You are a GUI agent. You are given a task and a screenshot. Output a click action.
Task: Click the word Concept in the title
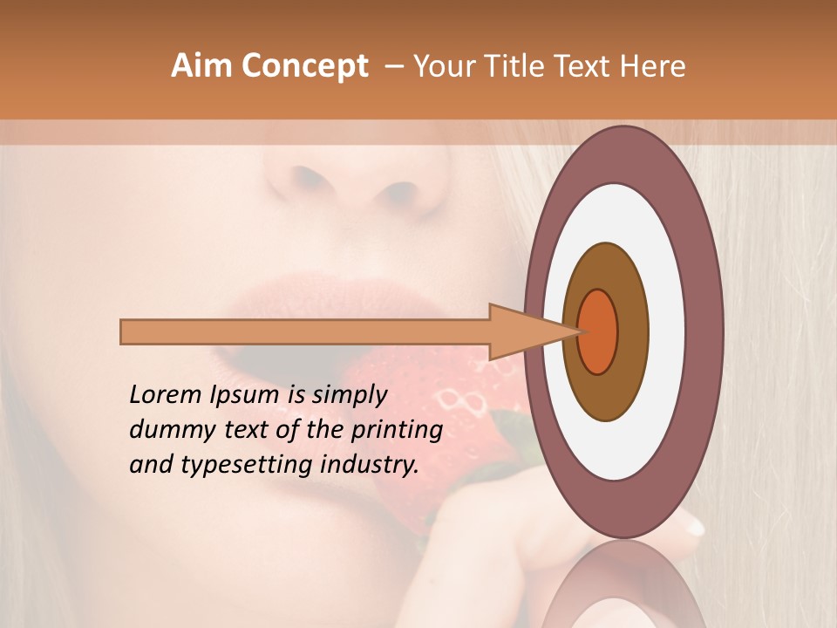click(305, 66)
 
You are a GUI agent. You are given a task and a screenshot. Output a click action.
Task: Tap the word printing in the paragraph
click(396, 430)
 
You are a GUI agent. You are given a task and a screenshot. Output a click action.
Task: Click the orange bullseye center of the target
click(598, 331)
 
